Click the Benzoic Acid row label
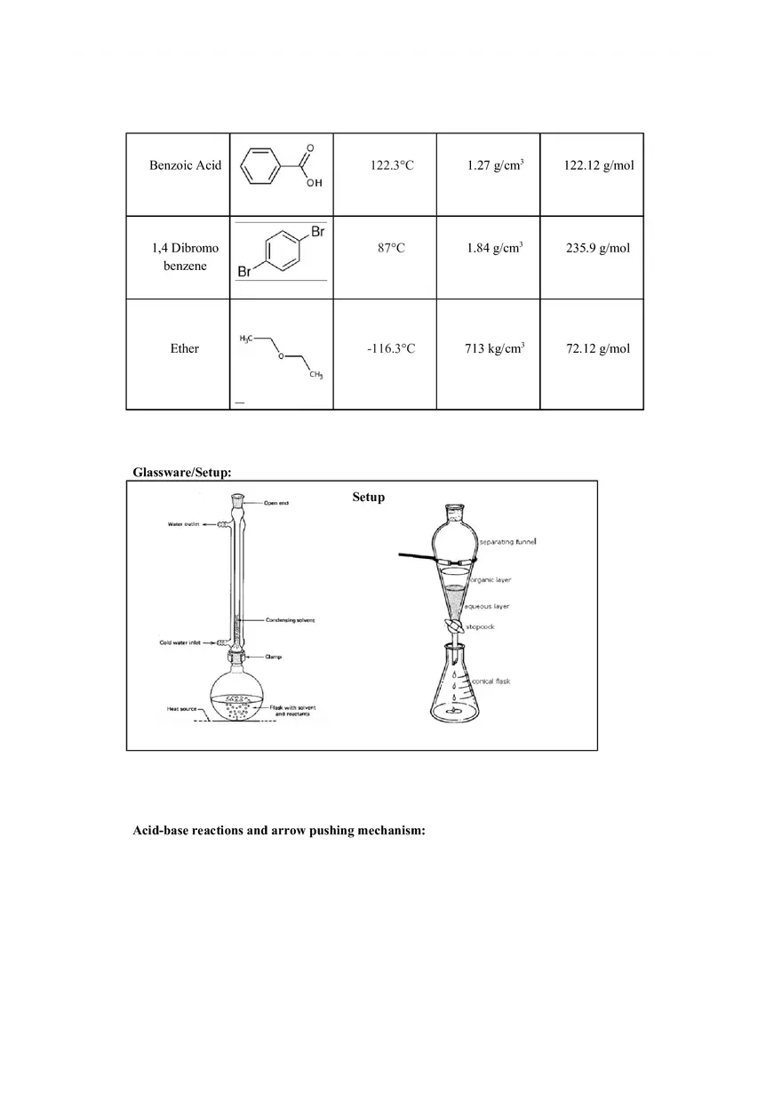point(185,165)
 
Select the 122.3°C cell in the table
point(391,165)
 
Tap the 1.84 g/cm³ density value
point(494,248)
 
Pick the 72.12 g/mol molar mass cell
point(598,348)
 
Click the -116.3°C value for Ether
point(391,348)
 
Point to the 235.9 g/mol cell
point(598,248)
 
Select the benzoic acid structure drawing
point(280,167)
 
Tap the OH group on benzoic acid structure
point(315,183)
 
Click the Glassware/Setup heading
point(182,472)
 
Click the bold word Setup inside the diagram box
point(368,497)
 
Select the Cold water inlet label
point(184,643)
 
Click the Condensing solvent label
point(290,619)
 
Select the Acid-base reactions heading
point(278,831)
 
